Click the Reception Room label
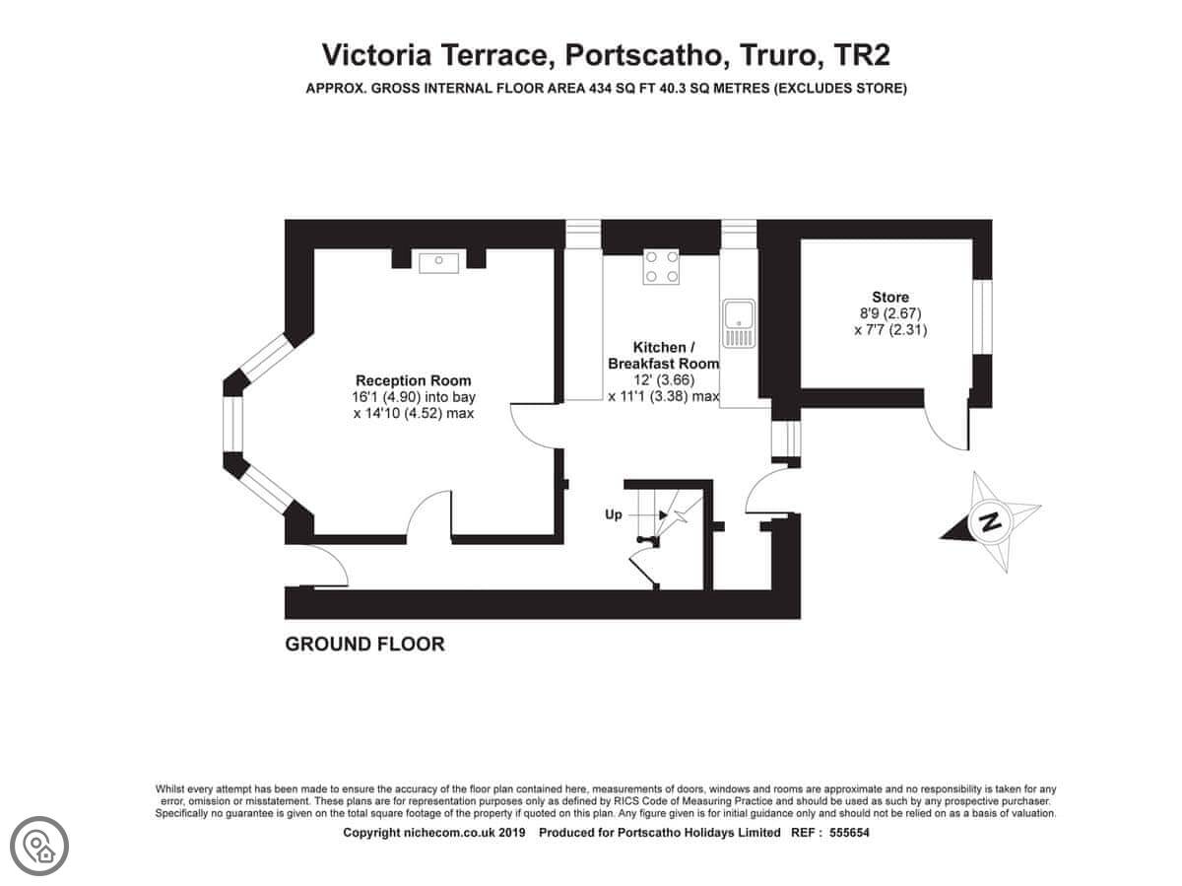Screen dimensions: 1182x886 click(413, 380)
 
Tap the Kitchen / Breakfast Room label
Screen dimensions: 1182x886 click(664, 356)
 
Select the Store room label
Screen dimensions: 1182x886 click(890, 297)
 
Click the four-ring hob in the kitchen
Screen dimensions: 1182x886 click(661, 267)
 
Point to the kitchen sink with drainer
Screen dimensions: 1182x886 click(739, 323)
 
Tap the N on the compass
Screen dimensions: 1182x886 click(990, 521)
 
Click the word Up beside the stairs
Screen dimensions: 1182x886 click(614, 514)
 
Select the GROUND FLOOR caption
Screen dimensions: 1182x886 click(364, 645)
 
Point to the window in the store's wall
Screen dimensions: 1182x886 click(983, 316)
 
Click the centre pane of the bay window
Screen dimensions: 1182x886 click(232, 424)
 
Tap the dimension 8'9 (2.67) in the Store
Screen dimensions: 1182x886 click(890, 313)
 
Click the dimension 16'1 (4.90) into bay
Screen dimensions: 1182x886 click(413, 397)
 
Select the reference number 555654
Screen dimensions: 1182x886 click(849, 833)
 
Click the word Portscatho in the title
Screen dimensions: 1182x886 click(644, 55)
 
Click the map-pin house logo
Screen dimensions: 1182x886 click(39, 846)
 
